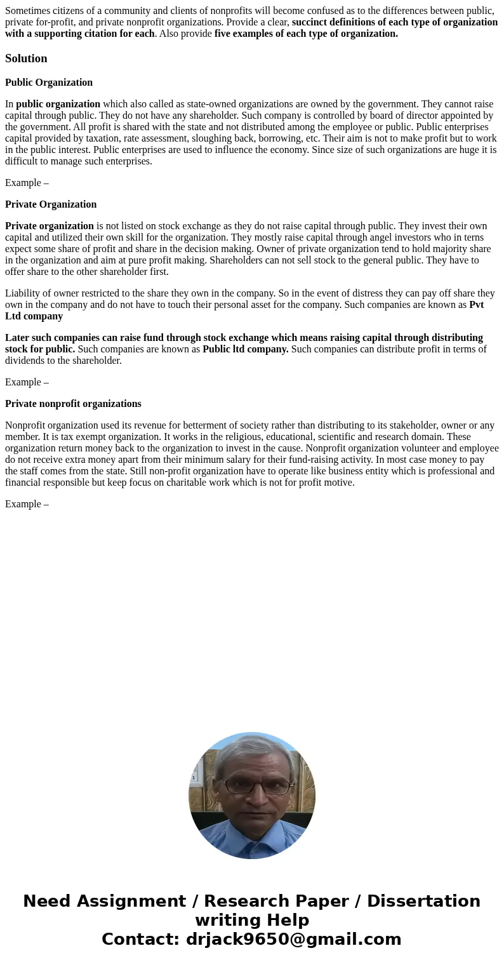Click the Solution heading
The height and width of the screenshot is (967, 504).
pos(26,58)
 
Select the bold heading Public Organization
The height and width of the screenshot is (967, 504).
pos(49,83)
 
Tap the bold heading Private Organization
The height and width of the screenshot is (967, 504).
pos(51,204)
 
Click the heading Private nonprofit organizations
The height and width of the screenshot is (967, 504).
pos(73,404)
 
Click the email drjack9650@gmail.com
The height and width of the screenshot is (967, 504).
pos(293,939)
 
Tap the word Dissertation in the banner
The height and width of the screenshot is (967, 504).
pos(423,901)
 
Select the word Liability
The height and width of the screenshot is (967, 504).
pos(24,293)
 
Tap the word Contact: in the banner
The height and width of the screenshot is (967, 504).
pos(141,939)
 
